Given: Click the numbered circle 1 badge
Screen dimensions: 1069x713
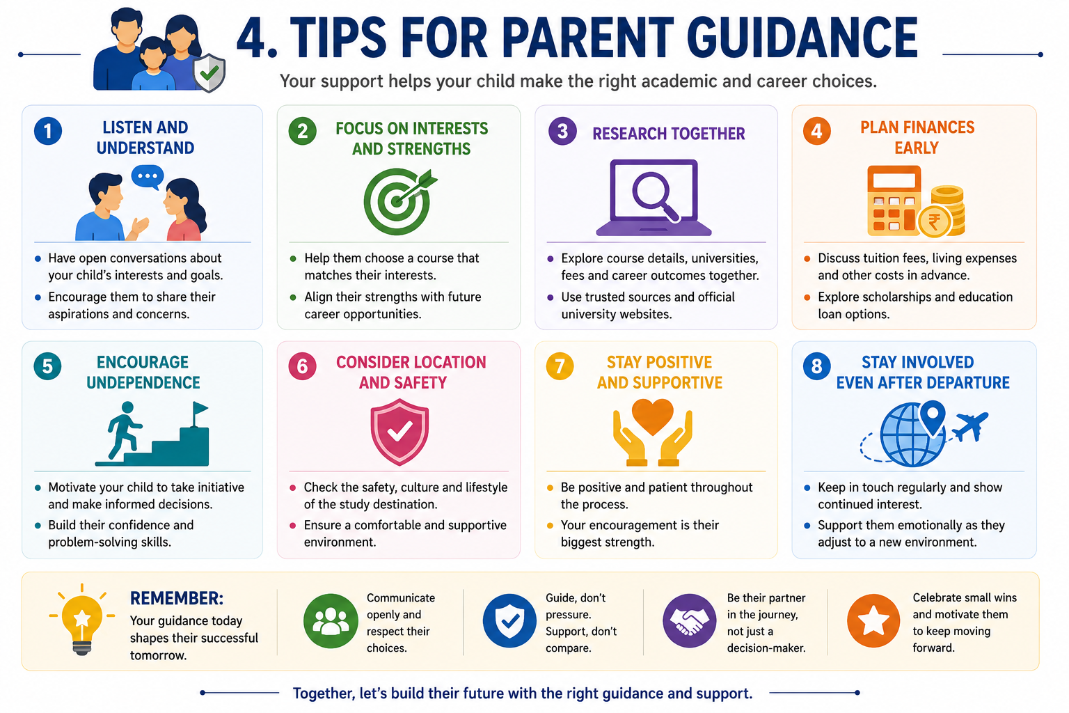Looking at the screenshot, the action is click(x=48, y=131).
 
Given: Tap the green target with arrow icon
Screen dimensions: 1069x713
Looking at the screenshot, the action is click(x=399, y=201).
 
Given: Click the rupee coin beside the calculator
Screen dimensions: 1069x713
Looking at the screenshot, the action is click(x=935, y=221).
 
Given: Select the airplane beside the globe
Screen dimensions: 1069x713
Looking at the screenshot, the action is click(x=969, y=425).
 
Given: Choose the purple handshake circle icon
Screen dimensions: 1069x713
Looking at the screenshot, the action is click(x=689, y=621).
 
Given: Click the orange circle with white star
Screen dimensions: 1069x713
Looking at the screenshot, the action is click(x=873, y=621).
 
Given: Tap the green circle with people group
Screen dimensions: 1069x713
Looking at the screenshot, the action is click(x=331, y=621).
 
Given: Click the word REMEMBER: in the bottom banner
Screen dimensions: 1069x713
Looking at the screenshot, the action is click(x=177, y=598).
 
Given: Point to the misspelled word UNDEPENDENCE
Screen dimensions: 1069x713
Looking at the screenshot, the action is click(x=143, y=382).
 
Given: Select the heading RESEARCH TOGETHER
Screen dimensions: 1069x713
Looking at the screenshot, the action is click(x=669, y=134).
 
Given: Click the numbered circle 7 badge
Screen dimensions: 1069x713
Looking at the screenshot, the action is click(x=560, y=366).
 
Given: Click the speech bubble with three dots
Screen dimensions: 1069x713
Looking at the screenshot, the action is click(x=148, y=177).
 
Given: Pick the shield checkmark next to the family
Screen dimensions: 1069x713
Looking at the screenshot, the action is click(x=209, y=72).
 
